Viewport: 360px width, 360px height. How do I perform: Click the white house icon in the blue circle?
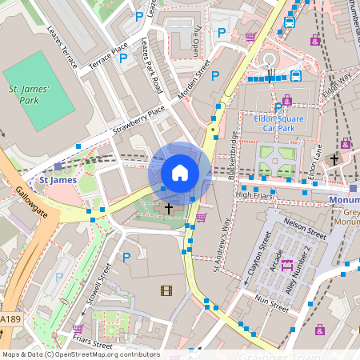(180, 172)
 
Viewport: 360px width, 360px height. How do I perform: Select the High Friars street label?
(255, 194)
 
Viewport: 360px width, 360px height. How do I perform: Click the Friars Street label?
(90, 345)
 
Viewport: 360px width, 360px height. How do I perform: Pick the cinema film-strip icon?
(166, 290)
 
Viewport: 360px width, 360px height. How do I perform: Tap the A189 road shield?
(10, 319)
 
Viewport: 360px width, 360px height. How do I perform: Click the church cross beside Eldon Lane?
(334, 160)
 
